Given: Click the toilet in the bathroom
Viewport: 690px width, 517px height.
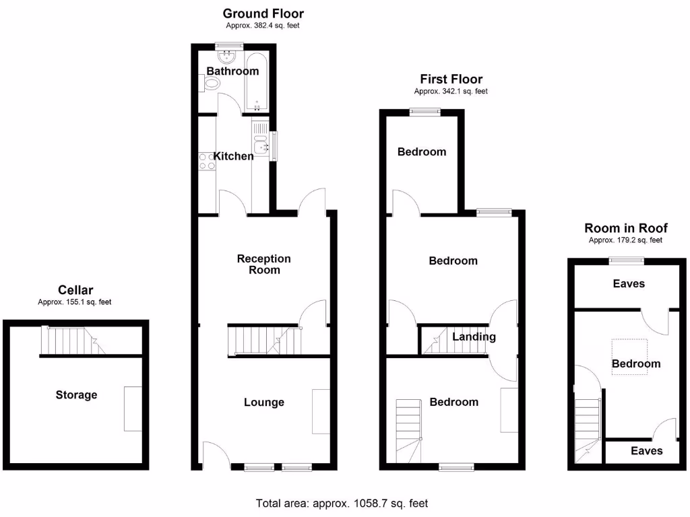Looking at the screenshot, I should (x=211, y=84).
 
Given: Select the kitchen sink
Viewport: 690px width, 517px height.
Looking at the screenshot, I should (x=261, y=143).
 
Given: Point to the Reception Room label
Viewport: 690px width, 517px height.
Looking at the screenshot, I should (x=264, y=264).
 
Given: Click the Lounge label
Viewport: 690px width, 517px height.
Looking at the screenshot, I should (x=264, y=402).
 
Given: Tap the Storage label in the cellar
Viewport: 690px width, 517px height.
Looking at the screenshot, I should (x=76, y=394).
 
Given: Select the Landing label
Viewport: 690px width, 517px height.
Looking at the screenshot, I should (x=474, y=337).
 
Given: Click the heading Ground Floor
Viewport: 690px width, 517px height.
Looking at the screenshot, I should (x=263, y=13).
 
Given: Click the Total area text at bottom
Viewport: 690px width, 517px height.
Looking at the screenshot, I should (x=342, y=503).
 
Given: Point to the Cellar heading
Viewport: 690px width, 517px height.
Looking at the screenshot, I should (x=75, y=290).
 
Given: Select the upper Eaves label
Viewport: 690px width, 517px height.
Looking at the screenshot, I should (x=629, y=284).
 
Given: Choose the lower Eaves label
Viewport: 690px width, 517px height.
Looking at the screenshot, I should (x=646, y=451).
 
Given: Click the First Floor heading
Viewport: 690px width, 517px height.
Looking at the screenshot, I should (x=451, y=79).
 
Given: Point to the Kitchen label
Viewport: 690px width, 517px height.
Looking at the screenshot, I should (x=233, y=156).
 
